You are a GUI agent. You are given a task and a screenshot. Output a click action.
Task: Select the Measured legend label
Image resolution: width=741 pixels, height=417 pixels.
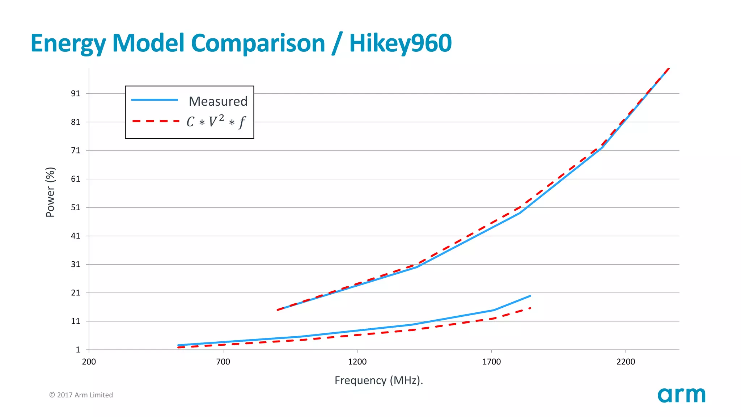[x=218, y=101]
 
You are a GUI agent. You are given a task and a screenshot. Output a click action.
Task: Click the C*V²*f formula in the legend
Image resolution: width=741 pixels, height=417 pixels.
[x=216, y=122]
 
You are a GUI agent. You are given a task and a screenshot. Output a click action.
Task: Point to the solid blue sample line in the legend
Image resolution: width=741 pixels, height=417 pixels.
[x=154, y=100]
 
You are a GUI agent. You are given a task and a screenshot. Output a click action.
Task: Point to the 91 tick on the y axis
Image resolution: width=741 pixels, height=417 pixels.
[x=76, y=94]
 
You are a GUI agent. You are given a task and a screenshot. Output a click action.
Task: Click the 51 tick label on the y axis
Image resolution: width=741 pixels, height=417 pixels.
[x=76, y=207]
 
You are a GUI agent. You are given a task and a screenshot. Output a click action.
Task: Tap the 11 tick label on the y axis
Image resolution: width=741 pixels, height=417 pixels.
[x=76, y=321]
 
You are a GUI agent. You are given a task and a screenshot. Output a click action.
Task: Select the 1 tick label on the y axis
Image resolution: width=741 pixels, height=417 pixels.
[x=78, y=350]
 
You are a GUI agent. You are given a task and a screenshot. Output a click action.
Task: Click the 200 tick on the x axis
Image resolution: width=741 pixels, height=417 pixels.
[x=89, y=362]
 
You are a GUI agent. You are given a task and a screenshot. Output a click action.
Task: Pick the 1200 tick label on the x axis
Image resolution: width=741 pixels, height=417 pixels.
[x=357, y=362]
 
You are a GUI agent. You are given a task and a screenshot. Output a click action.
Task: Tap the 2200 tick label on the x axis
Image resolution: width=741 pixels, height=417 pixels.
[x=626, y=362]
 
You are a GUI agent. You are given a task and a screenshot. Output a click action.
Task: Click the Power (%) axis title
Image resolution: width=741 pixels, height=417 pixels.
[x=50, y=192]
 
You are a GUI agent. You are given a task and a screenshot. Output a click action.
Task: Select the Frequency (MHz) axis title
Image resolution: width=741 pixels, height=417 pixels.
[x=378, y=380]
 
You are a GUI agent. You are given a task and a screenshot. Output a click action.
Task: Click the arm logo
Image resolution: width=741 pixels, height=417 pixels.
[x=681, y=395]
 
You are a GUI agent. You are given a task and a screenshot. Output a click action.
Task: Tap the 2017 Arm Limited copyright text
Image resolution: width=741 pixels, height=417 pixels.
[x=81, y=395]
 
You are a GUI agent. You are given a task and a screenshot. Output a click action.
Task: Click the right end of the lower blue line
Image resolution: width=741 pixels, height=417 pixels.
[x=530, y=296]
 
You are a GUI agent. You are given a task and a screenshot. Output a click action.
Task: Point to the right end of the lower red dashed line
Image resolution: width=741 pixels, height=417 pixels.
[x=530, y=308]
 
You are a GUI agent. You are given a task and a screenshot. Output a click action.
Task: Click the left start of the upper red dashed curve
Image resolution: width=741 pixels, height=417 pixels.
[x=278, y=310]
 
